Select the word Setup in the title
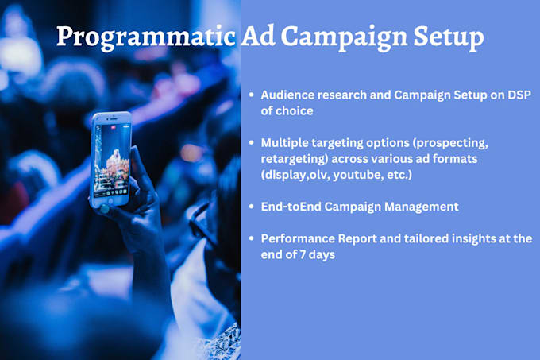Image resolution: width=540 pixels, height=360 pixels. (x=446, y=37)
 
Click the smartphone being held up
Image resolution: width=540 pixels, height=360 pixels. (x=110, y=159)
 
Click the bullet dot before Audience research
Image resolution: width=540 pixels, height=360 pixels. (x=252, y=95)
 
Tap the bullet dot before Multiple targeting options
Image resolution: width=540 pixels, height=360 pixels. (x=252, y=142)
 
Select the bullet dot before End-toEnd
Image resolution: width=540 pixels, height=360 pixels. (x=252, y=207)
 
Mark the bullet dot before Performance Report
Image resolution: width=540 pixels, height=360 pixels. (x=252, y=238)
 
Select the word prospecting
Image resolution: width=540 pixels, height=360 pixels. (x=454, y=142)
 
